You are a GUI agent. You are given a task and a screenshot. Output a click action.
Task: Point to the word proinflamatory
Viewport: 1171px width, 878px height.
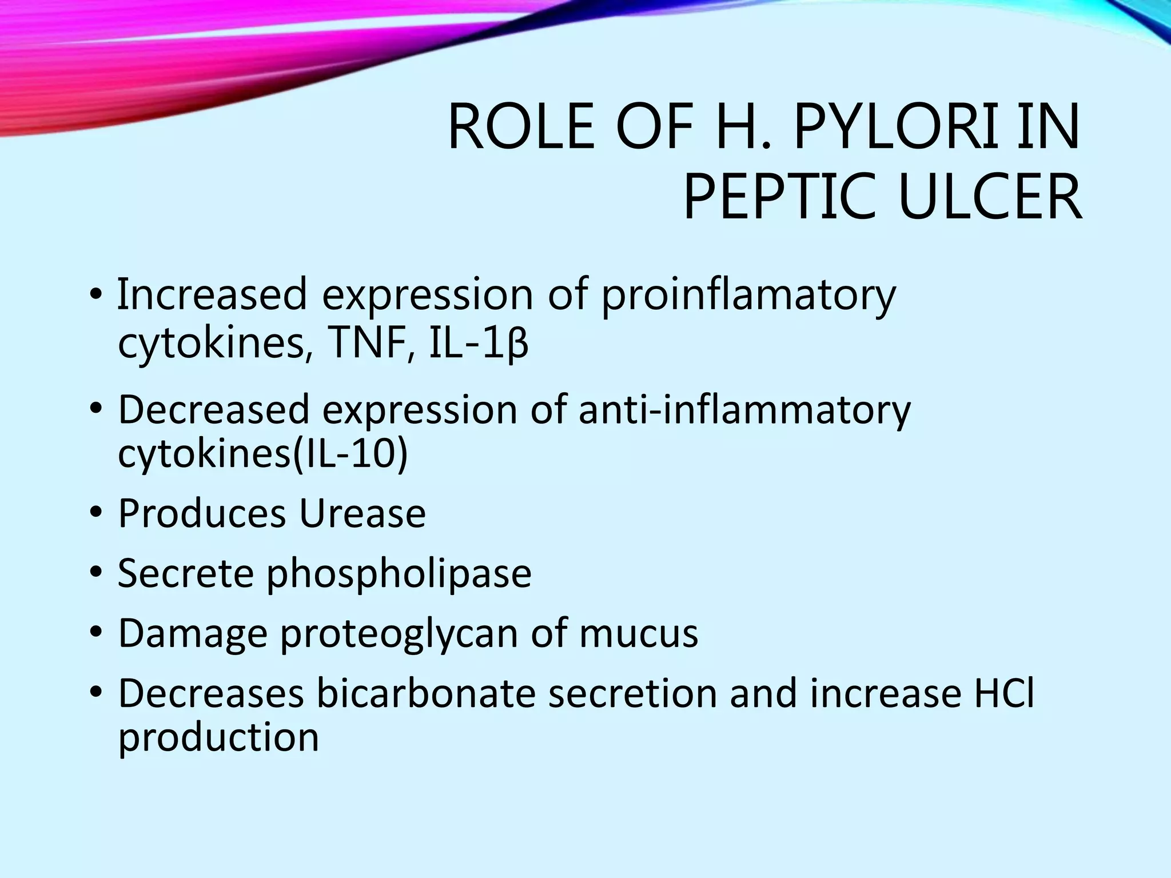click(x=748, y=296)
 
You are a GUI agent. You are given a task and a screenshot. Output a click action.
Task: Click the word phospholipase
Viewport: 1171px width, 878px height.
click(x=399, y=573)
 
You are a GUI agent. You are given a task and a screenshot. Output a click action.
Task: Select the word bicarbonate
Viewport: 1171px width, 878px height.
click(x=426, y=693)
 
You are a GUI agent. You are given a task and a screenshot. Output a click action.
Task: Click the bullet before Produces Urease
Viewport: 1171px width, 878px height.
click(x=95, y=511)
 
